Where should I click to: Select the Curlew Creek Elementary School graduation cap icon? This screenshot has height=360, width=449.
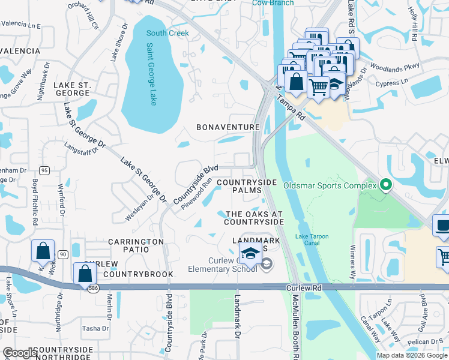coord(250,253)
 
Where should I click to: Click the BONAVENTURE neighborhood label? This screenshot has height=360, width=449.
coord(228,127)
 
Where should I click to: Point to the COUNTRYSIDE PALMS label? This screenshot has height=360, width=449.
coord(246,186)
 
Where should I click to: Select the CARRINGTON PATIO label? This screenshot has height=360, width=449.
coord(136,241)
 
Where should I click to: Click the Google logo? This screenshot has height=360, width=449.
coord(19,352)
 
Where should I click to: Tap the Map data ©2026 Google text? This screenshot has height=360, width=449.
coord(412,355)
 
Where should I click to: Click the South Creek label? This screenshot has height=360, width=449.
coord(167,33)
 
